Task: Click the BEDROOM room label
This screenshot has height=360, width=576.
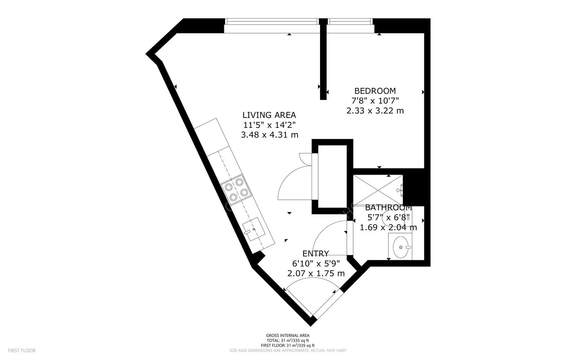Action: pos(375,91)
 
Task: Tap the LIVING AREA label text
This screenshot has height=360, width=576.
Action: pos(269,115)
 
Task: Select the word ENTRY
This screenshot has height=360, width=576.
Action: pos(315,254)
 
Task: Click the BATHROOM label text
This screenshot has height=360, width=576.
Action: pos(388,208)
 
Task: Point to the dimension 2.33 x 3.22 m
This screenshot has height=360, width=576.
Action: pos(375,111)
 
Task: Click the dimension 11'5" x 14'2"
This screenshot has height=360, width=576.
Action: pos(269,125)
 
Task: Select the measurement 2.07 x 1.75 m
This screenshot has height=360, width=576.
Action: pos(315,273)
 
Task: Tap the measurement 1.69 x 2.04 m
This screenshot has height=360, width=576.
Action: pos(388,228)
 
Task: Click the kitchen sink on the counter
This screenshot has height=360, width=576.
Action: pos(254,229)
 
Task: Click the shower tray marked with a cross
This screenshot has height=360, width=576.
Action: pos(378,190)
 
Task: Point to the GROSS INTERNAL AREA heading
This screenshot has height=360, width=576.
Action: pos(288,336)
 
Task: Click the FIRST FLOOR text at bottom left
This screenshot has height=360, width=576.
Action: pos(22,351)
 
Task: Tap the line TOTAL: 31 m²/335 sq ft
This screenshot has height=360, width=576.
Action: pos(288,341)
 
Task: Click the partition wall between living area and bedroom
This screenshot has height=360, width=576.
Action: pos(323,62)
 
